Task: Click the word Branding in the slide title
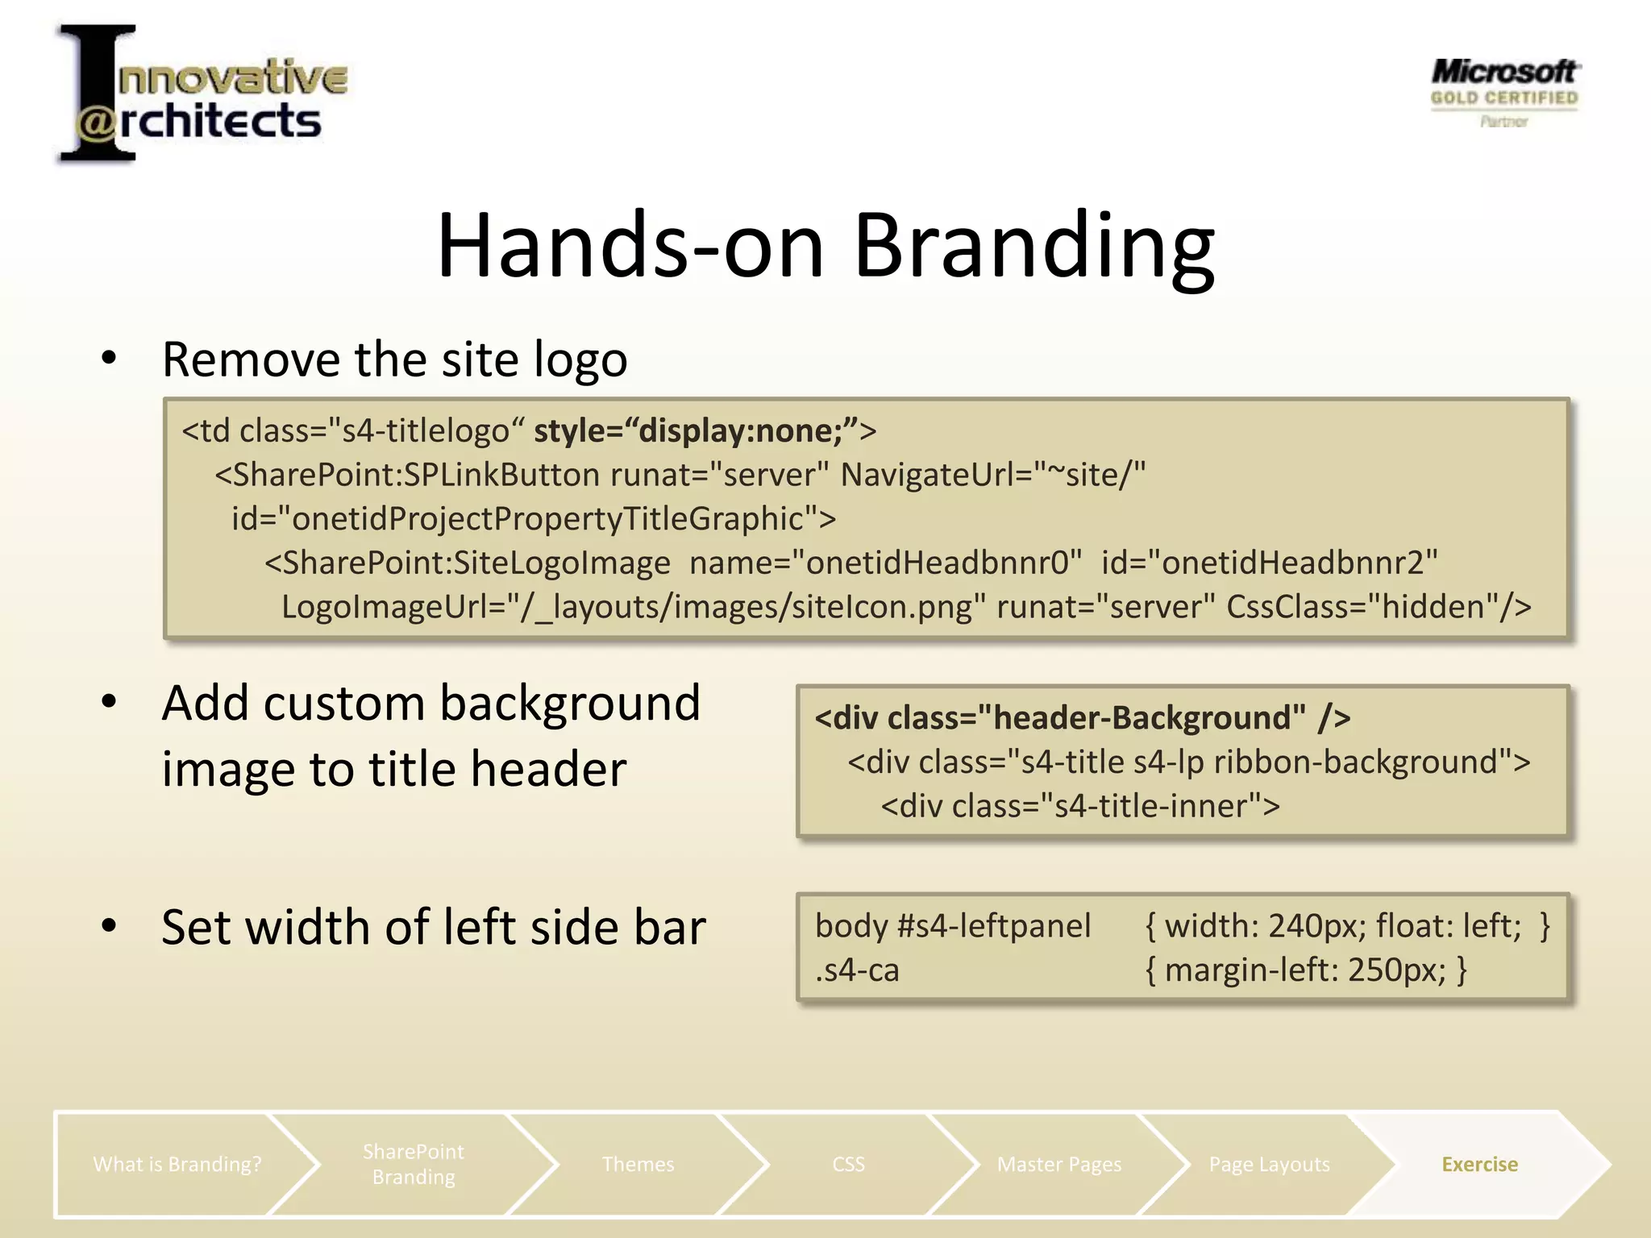(1033, 246)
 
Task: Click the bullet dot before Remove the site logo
(110, 358)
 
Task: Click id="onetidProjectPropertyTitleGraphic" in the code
(534, 519)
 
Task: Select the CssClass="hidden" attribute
(1378, 607)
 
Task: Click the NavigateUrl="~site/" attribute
(992, 475)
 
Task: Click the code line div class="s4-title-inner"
(1080, 806)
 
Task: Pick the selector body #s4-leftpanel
(953, 926)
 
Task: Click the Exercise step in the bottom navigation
(1479, 1165)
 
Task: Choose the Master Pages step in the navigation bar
(1059, 1165)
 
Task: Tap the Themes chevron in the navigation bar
(638, 1165)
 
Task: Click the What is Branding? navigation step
(177, 1165)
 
